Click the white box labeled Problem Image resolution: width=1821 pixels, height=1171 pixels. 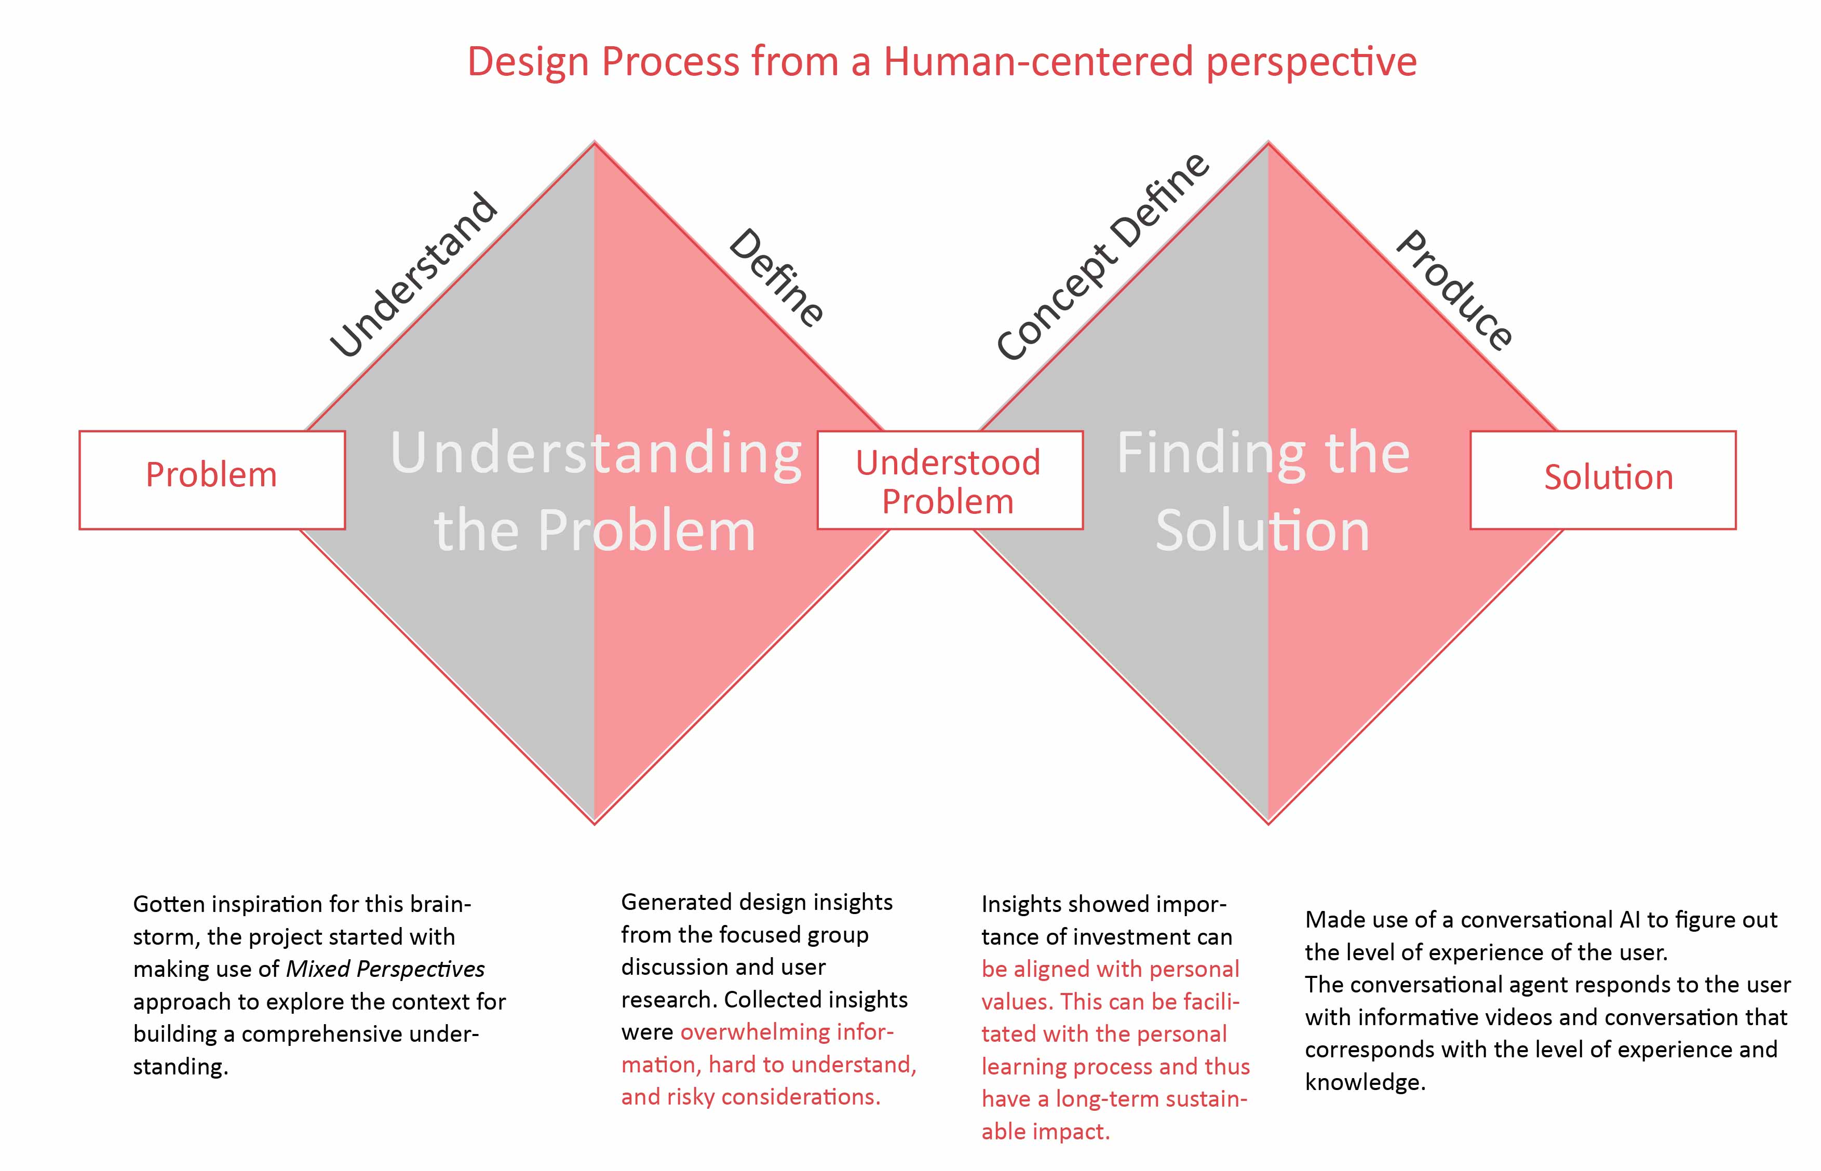(x=212, y=480)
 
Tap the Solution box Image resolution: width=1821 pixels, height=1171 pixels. (x=1603, y=480)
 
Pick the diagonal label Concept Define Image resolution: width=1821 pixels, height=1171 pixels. (x=1103, y=256)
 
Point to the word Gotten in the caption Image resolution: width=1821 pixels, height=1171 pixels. (x=167, y=904)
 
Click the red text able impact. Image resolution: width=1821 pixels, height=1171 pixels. (x=1046, y=1132)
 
